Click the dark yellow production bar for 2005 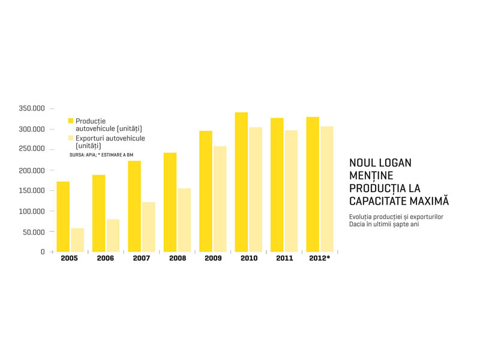63,217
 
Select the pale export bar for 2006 113,236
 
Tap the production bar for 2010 241,182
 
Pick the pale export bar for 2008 184,220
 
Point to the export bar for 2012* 327,189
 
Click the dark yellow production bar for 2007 134,206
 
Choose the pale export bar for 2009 220,199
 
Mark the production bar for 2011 277,185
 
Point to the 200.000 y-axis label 32,170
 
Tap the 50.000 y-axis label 34,232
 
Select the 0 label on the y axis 43,251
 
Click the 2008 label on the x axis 178,258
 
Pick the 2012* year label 320,258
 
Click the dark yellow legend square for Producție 71,121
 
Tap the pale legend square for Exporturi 71,138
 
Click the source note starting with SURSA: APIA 101,155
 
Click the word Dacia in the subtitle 356,224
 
